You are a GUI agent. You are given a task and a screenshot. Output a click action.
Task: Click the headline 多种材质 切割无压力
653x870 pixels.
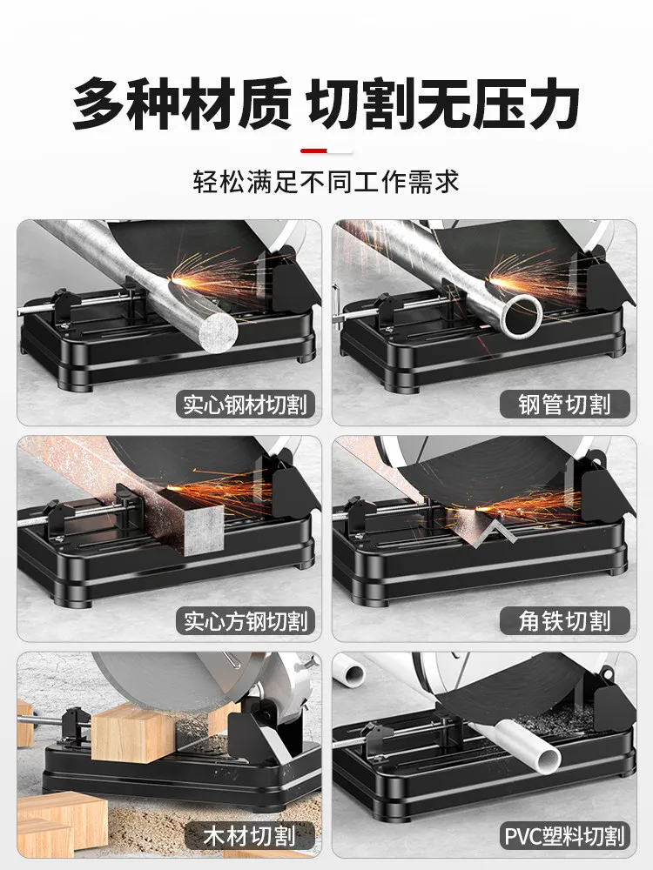326,104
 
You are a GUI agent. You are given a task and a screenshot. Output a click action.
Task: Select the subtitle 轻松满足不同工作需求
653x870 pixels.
326,182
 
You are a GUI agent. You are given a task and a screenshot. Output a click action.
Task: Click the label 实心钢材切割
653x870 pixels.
246,405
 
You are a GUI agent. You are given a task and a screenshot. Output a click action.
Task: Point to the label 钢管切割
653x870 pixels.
565,405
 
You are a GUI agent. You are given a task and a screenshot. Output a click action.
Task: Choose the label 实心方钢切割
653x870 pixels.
246,621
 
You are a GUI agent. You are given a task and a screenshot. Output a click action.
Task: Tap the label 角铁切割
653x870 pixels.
565,621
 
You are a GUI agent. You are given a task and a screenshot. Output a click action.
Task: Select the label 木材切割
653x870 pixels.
250,836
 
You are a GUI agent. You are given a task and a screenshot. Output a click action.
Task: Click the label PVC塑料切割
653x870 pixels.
565,836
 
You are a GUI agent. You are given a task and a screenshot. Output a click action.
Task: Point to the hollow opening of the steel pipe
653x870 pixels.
522,315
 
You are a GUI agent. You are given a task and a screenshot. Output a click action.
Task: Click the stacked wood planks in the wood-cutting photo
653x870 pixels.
56,821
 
